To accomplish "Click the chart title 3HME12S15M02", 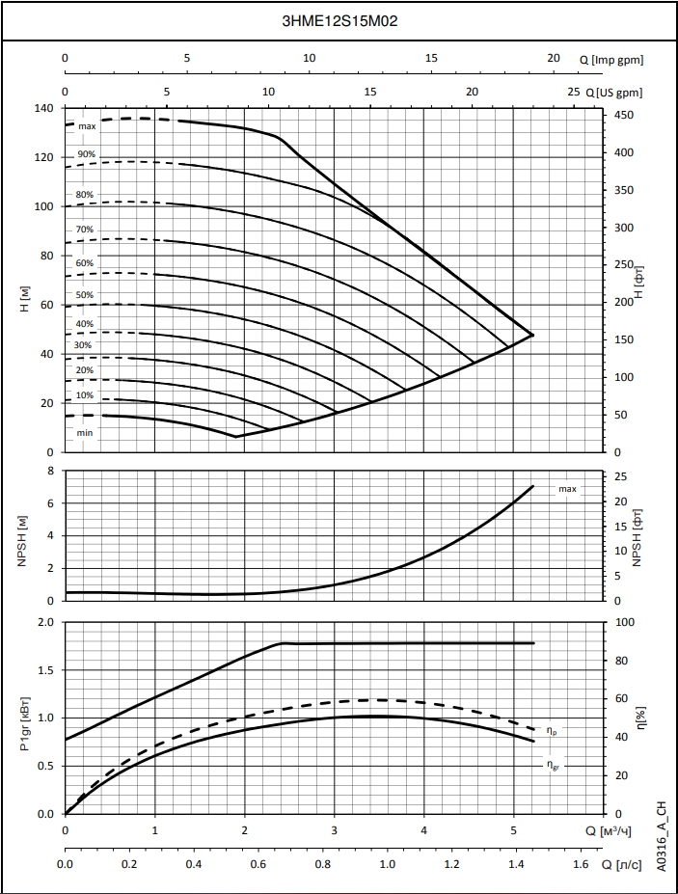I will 339,20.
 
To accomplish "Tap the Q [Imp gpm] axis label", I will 611,60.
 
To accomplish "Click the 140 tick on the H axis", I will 44,108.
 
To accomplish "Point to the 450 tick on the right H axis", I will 625,116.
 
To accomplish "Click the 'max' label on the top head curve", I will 87,126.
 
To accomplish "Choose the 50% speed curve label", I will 85,295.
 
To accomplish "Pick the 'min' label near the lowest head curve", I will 85,433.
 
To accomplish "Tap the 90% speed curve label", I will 87,154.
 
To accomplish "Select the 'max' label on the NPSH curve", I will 567,489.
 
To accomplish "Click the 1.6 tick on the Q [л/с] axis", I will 581,865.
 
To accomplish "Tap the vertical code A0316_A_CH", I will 662,835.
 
